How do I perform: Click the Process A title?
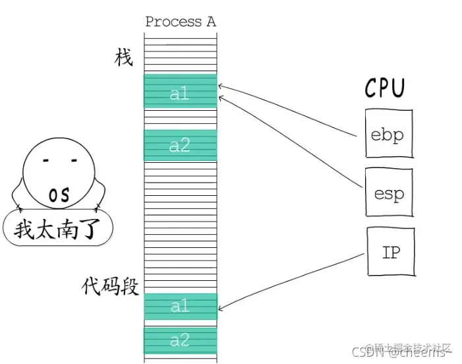pos(180,21)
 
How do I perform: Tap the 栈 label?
pos(123,58)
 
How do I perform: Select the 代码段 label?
pos(110,286)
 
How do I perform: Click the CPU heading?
pos(385,88)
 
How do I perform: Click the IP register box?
pos(391,253)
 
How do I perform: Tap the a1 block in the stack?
pos(180,93)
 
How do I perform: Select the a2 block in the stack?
pos(180,146)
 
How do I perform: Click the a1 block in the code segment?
pos(180,307)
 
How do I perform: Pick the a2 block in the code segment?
pos(180,340)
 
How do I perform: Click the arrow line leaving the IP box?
pos(297,280)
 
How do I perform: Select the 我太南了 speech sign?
pos(57,229)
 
